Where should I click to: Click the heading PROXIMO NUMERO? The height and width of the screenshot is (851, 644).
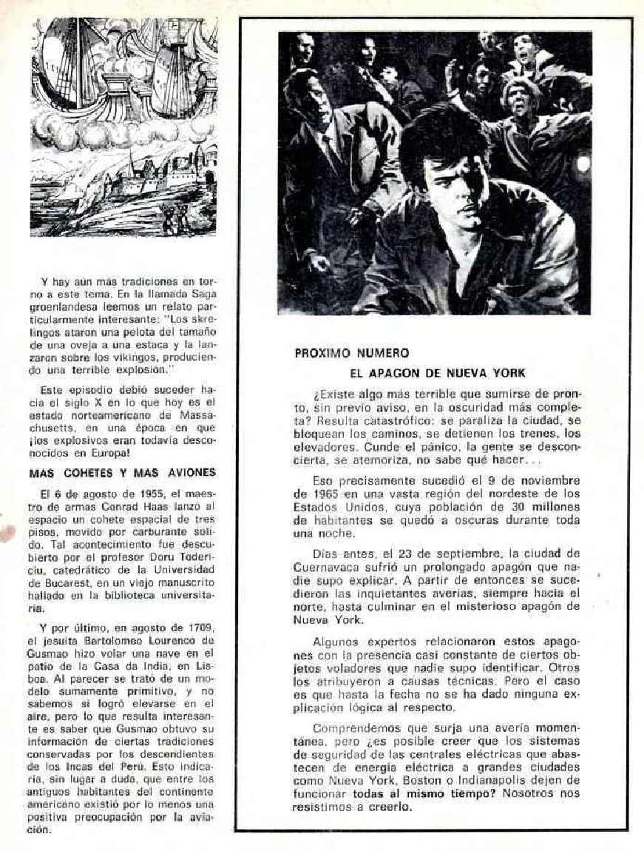(x=351, y=353)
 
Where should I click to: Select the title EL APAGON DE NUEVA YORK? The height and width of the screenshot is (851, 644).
(x=437, y=373)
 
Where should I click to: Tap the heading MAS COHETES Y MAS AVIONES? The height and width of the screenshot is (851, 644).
(x=122, y=473)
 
